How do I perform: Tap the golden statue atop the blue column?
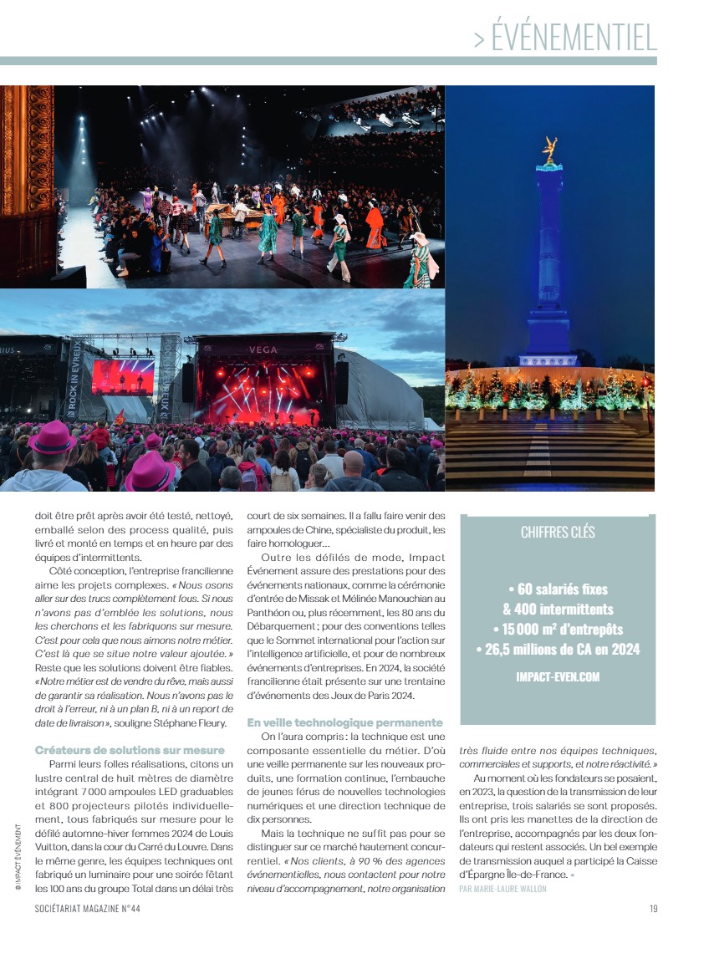pos(550,150)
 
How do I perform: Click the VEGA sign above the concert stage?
pos(263,349)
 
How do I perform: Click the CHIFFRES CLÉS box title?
pos(558,533)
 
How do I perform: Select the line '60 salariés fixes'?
pos(558,590)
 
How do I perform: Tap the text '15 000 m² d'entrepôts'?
pos(558,629)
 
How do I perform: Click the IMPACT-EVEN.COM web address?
pos(558,677)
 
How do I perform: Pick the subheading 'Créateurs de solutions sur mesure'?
pos(130,749)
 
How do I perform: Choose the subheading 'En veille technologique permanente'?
pos(344,722)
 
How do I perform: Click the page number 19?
pos(653,910)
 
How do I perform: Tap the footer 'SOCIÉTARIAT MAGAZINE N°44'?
pos(88,910)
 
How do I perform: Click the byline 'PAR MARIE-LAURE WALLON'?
pos(502,888)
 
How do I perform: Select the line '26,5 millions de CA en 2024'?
pos(558,649)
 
